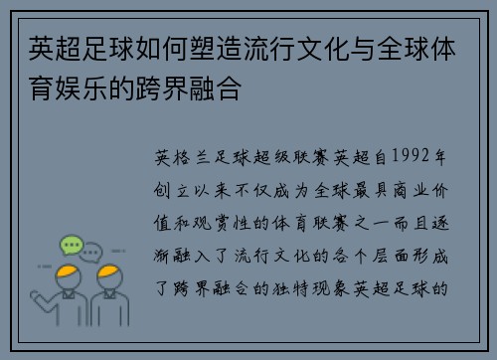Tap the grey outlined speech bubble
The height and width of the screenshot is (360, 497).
(90, 255)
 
